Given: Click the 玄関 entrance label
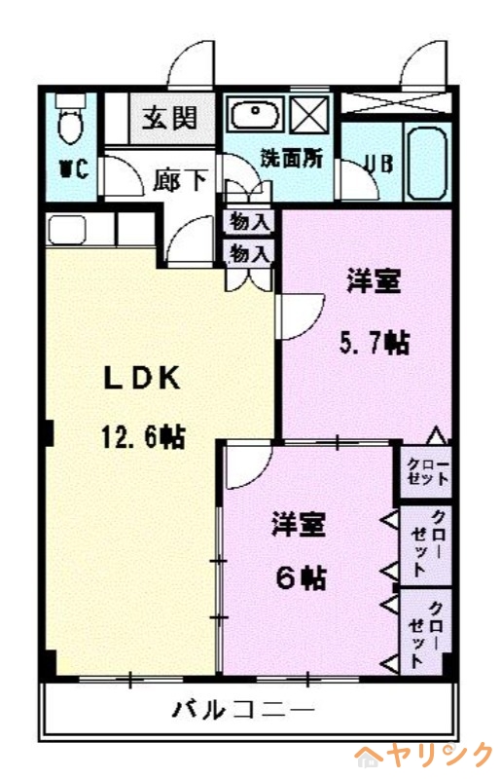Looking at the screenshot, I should tap(171, 119).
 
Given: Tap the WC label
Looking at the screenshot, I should tap(74, 169).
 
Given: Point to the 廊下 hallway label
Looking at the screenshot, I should tap(181, 183).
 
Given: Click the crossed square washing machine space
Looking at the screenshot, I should tap(311, 116).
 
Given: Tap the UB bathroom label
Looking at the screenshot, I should tap(376, 164).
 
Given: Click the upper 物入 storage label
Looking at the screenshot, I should tap(249, 222).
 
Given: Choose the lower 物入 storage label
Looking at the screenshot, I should tap(249, 253).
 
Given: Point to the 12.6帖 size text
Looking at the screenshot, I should tap(142, 437).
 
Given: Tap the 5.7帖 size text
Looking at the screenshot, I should tap(373, 344).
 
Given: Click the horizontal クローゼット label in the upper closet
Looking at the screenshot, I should tap(427, 470).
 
